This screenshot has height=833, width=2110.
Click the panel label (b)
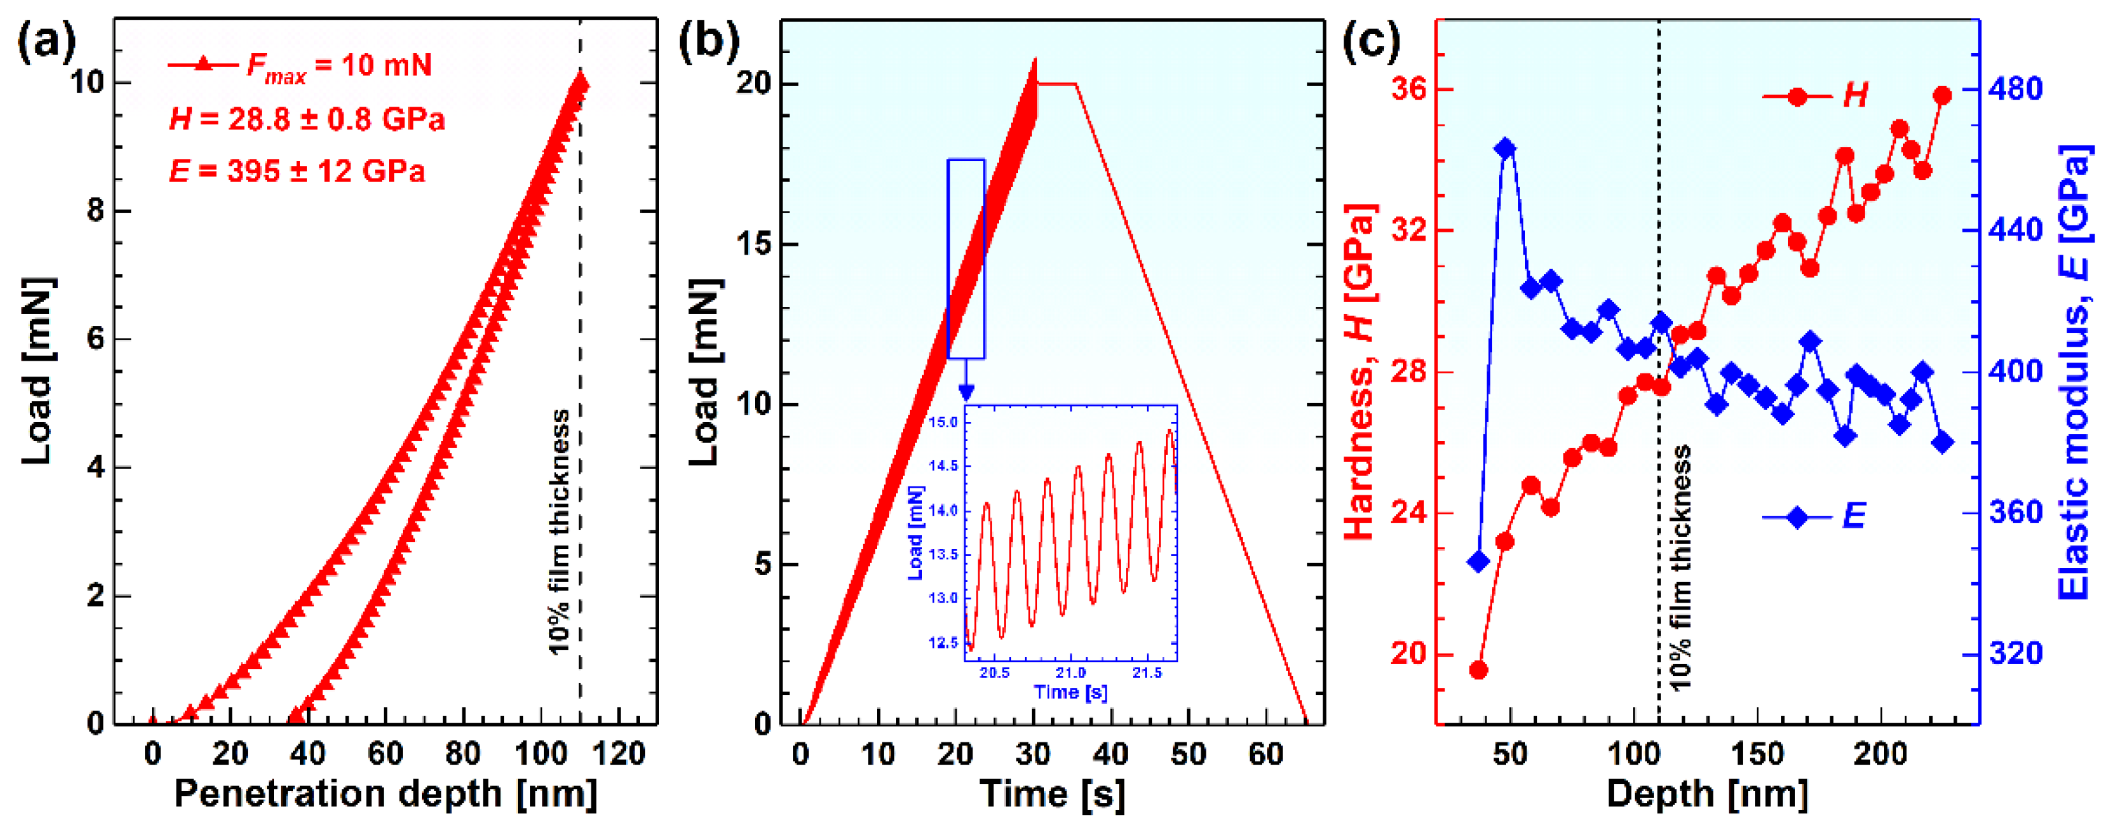[708, 41]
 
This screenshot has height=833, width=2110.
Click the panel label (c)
[1370, 41]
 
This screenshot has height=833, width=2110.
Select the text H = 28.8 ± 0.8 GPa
[307, 119]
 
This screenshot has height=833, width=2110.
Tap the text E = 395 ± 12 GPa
[296, 171]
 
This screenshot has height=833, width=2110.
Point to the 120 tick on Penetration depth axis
[618, 754]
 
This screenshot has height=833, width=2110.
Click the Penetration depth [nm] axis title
[385, 795]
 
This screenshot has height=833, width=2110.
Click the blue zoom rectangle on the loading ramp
[966, 258]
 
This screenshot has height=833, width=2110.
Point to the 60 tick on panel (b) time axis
[1266, 754]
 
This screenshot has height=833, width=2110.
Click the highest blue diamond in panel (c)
[1504, 148]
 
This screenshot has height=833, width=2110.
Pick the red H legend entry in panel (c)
[1814, 96]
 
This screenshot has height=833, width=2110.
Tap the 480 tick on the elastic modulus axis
[2015, 89]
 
